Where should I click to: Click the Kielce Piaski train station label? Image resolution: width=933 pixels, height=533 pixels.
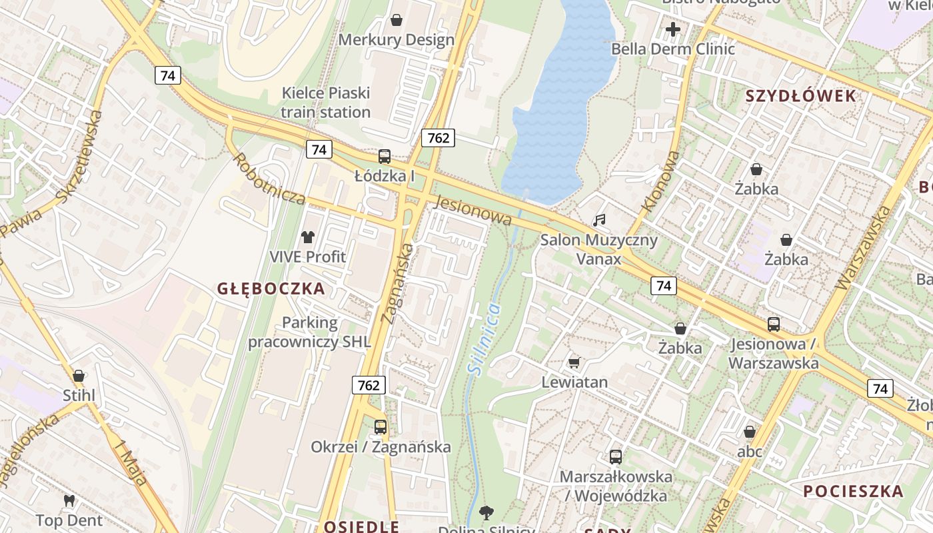tap(325, 103)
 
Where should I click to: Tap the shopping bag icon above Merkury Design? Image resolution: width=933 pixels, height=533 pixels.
tap(397, 21)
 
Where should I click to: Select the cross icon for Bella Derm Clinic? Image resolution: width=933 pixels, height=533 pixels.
tap(673, 29)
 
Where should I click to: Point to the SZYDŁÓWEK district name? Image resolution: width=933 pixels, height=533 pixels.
tap(800, 96)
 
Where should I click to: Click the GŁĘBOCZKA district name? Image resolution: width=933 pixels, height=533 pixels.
tap(271, 288)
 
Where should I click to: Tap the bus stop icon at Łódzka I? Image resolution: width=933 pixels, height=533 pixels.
tap(385, 157)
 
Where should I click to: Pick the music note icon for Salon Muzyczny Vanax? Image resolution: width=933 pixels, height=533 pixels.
tap(599, 220)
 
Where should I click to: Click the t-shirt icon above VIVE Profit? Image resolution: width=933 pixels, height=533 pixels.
tap(307, 237)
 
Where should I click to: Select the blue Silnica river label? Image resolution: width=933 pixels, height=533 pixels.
tap(484, 338)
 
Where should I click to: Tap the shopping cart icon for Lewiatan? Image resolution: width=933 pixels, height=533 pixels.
tap(574, 362)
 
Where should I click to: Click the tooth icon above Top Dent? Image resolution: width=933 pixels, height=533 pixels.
tap(69, 500)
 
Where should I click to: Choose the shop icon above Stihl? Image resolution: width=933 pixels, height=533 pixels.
tap(79, 376)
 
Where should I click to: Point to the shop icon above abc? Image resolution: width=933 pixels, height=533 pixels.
tap(750, 432)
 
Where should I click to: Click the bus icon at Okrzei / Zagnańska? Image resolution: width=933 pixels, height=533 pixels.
tap(381, 427)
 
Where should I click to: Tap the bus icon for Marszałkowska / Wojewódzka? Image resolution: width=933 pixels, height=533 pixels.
tap(616, 457)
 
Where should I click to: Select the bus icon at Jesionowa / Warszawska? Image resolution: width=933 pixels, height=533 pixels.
tap(773, 324)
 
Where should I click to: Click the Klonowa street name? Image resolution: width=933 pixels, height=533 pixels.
tap(662, 182)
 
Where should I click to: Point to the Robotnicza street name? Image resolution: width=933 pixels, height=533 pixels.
tap(269, 179)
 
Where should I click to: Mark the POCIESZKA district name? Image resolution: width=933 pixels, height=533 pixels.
tap(853, 492)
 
